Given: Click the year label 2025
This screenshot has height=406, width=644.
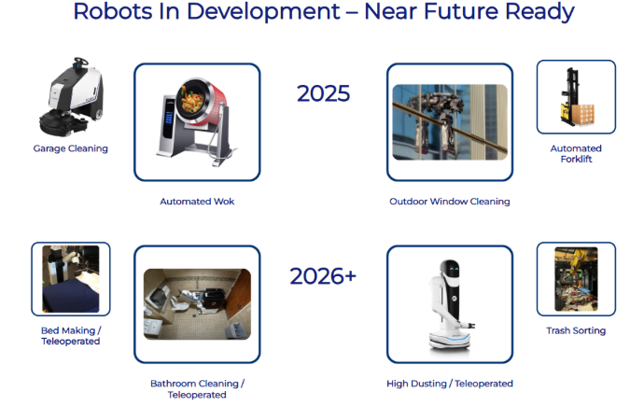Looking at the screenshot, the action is (323, 93).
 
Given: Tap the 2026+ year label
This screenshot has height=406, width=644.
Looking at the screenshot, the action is (323, 276).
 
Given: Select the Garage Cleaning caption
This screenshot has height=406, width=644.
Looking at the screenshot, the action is (71, 148).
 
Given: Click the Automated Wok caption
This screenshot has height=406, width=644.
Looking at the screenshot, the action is (197, 202).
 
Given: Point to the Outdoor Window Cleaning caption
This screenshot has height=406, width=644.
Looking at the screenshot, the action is (450, 202).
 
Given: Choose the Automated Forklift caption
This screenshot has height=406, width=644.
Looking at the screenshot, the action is (576, 153).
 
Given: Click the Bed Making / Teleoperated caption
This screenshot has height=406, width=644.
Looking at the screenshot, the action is (71, 336).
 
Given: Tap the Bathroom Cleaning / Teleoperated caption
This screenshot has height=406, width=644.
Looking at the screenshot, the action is (197, 389).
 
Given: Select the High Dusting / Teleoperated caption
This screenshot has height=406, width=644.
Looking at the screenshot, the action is (450, 384).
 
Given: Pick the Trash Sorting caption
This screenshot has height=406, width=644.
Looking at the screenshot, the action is (576, 330).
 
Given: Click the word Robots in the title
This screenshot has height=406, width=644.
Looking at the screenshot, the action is (113, 11).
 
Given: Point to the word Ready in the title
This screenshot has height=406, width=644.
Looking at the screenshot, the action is (539, 12).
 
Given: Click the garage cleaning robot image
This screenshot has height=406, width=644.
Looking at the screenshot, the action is (71, 97).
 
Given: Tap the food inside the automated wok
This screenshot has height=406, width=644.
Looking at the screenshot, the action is (191, 100).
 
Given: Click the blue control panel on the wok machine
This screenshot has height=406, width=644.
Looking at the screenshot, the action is (168, 119).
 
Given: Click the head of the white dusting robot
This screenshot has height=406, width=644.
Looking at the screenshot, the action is (450, 270).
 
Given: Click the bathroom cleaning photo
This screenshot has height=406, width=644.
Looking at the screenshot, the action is (197, 304).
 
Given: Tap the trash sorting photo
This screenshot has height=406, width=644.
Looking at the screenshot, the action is (576, 279).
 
